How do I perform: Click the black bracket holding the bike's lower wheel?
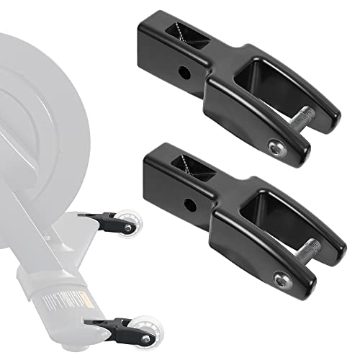(109, 325)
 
